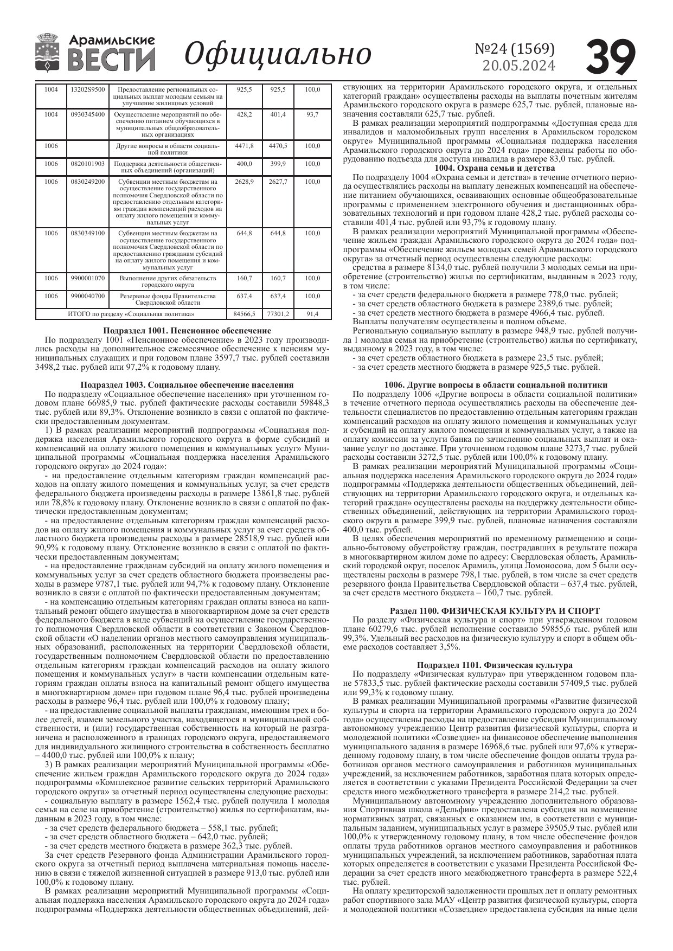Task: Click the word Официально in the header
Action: [x=278, y=54]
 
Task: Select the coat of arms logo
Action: [x=48, y=53]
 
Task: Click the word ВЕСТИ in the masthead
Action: [x=112, y=60]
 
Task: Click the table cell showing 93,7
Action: [x=312, y=115]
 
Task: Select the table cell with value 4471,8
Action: [x=244, y=146]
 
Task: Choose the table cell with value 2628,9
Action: [x=244, y=182]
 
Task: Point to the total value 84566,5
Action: [x=244, y=314]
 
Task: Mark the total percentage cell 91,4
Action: [x=312, y=314]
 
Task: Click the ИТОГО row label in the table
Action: [x=131, y=314]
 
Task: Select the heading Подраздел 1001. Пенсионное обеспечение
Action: [x=187, y=331]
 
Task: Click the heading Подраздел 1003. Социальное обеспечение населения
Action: [x=187, y=384]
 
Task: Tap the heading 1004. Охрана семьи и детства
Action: [x=491, y=168]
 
